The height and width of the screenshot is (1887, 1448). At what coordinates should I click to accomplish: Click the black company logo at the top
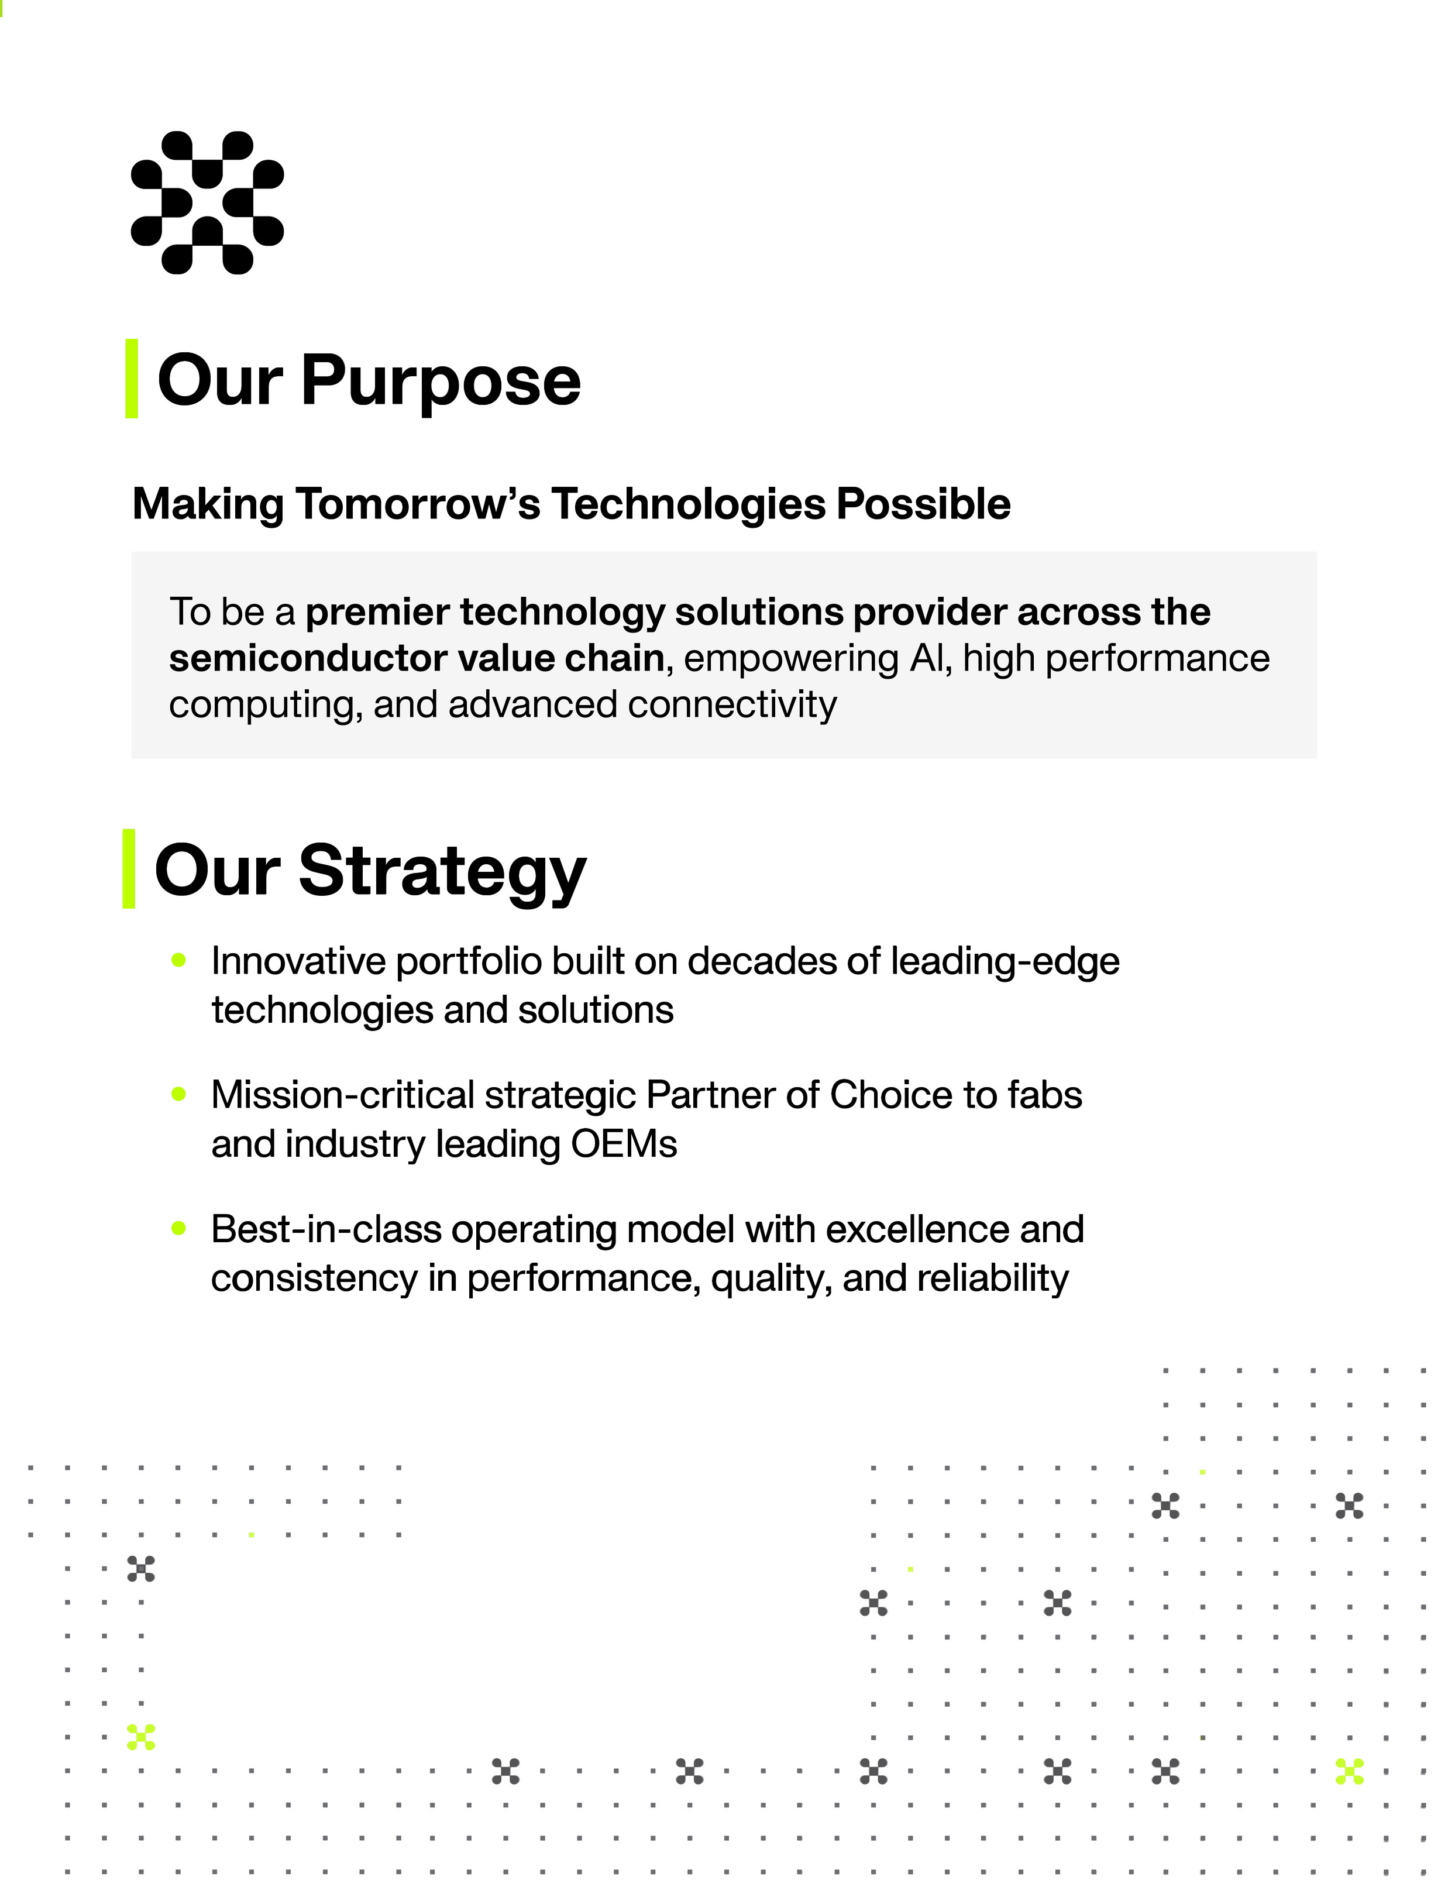207,202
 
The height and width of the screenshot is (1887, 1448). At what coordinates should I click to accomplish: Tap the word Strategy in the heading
442,871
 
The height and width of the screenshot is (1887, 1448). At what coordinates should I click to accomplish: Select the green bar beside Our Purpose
132,379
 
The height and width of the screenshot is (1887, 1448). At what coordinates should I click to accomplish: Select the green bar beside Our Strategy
129,868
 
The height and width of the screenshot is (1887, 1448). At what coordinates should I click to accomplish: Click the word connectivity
732,704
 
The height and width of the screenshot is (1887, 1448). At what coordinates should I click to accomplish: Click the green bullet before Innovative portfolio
179,960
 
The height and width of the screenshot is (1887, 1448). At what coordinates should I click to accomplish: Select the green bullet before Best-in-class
179,1228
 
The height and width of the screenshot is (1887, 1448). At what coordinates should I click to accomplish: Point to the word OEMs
624,1144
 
